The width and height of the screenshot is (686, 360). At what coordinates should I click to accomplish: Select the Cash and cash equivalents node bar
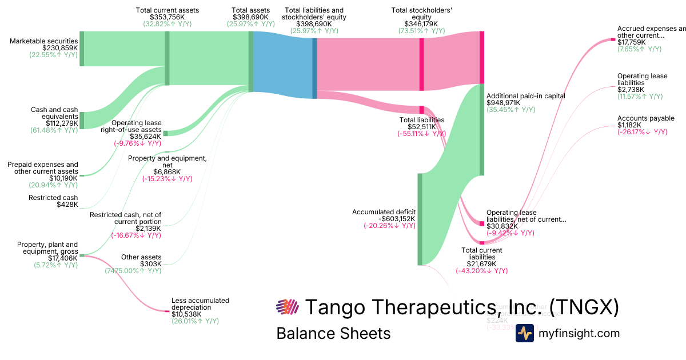click(x=82, y=121)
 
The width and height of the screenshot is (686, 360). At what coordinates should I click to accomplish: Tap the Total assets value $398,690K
click(x=250, y=17)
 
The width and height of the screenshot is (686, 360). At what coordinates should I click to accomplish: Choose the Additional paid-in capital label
click(x=525, y=96)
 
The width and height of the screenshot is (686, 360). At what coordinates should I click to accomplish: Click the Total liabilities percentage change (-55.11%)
click(x=421, y=134)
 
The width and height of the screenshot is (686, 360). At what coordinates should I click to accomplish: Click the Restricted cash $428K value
click(x=67, y=205)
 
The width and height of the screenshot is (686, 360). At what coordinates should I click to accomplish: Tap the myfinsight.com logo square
click(x=525, y=333)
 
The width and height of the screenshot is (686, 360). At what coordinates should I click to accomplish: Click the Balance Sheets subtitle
click(x=333, y=333)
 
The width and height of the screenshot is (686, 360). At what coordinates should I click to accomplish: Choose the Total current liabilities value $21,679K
click(x=481, y=263)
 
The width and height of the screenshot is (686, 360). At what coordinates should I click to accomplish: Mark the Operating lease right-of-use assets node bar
click(x=165, y=133)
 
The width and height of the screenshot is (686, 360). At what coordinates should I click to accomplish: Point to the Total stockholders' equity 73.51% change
click(x=422, y=31)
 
